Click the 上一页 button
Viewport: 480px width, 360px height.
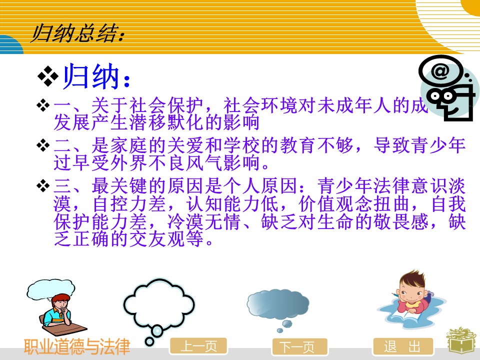(198, 346)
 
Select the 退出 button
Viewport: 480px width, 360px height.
(403, 346)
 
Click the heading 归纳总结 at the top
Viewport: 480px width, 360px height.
(78, 33)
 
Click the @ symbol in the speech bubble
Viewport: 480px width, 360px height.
(440, 70)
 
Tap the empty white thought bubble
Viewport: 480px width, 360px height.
(158, 306)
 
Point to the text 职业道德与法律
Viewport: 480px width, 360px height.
(77, 346)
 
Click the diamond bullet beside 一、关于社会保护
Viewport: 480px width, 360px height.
(43, 105)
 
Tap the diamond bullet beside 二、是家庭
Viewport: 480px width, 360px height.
(43, 145)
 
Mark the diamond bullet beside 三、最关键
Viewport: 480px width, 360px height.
(43, 186)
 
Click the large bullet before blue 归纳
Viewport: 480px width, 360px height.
(48, 76)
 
